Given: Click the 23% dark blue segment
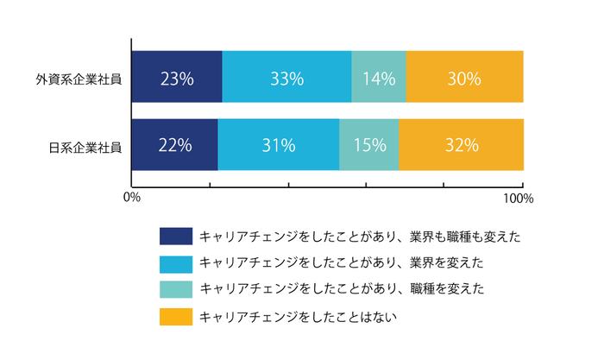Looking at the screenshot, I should (177, 77).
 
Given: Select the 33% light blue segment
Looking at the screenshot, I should (286, 77).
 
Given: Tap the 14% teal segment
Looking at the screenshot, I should (379, 77).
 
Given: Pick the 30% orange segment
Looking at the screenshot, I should (464, 77).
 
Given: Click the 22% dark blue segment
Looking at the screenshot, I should (175, 145).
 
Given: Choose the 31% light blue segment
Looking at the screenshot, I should (279, 145).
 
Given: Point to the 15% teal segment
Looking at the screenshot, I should (369, 145).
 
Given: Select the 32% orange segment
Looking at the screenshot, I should (461, 145).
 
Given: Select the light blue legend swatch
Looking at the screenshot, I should (176, 263).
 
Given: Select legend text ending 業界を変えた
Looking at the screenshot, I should (341, 263).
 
